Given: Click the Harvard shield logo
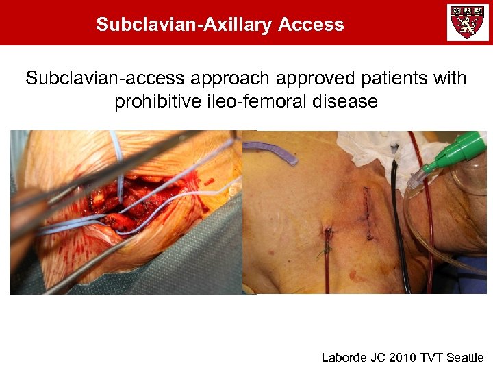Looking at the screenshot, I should [468, 23].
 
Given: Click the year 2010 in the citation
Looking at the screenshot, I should [396, 357].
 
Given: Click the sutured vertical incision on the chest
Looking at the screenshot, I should [368, 212].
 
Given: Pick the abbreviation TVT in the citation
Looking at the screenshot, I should [427, 357].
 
